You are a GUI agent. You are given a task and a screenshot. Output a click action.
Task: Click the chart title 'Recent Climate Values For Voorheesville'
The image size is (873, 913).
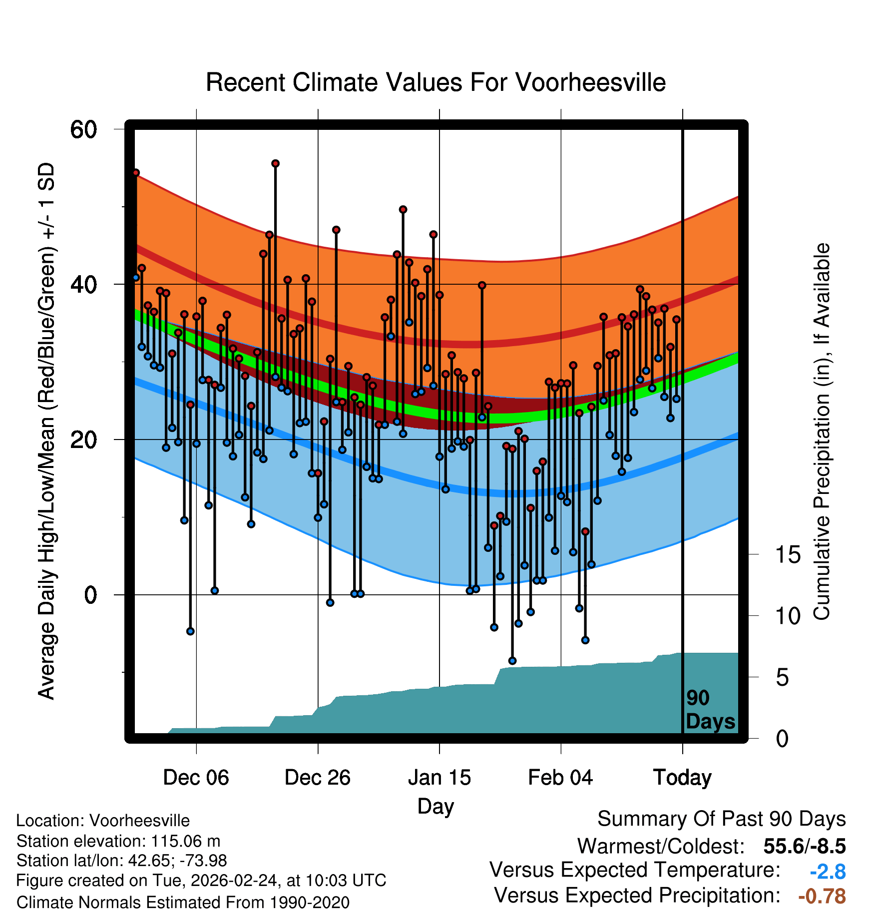[436, 82]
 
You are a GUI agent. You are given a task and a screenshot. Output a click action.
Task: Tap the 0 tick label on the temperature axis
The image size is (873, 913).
[90, 595]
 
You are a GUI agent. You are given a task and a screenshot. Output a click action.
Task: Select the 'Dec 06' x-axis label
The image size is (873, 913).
[196, 778]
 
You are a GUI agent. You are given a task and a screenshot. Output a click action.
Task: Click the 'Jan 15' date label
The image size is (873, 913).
[439, 778]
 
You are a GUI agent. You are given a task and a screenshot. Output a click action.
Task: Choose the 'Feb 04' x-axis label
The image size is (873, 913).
[560, 778]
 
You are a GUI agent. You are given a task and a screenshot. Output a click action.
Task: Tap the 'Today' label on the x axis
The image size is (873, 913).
[682, 778]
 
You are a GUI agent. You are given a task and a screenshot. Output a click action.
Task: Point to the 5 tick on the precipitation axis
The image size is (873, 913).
[782, 678]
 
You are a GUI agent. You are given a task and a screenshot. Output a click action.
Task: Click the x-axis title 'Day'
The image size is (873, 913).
[436, 806]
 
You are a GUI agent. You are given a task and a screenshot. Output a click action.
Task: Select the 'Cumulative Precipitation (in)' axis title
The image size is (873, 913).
[822, 432]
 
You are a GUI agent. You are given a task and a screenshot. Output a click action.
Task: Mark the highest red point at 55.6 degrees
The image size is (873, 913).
[275, 164]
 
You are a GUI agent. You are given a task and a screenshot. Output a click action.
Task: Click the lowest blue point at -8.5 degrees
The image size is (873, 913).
[512, 661]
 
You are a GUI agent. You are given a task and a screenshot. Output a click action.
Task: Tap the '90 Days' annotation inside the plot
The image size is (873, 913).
[710, 710]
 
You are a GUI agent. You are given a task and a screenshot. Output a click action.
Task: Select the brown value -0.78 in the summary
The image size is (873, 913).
[822, 896]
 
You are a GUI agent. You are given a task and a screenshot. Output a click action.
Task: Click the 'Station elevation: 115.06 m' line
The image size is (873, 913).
[118, 841]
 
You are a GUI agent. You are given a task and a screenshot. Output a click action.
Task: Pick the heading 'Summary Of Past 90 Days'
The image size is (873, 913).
[721, 819]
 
